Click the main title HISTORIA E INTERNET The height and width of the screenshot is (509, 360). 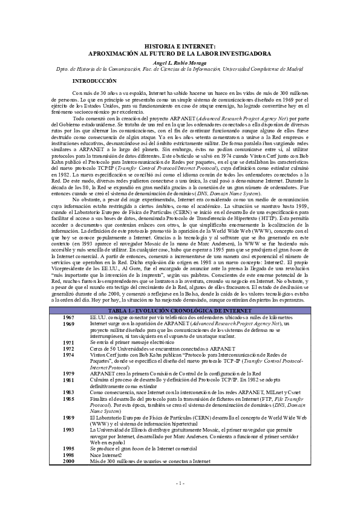coord(180,47)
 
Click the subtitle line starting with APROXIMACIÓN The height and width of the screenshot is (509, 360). coord(180,53)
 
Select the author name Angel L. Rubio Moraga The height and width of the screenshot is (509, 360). coord(180,62)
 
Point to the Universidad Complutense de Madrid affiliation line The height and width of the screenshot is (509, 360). coord(180,69)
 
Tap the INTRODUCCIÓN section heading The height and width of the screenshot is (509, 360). coord(94,81)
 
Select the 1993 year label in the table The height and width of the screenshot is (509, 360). coord(68,430)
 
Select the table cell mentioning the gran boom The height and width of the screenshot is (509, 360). coord(146,449)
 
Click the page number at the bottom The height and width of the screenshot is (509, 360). coord(180,483)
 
